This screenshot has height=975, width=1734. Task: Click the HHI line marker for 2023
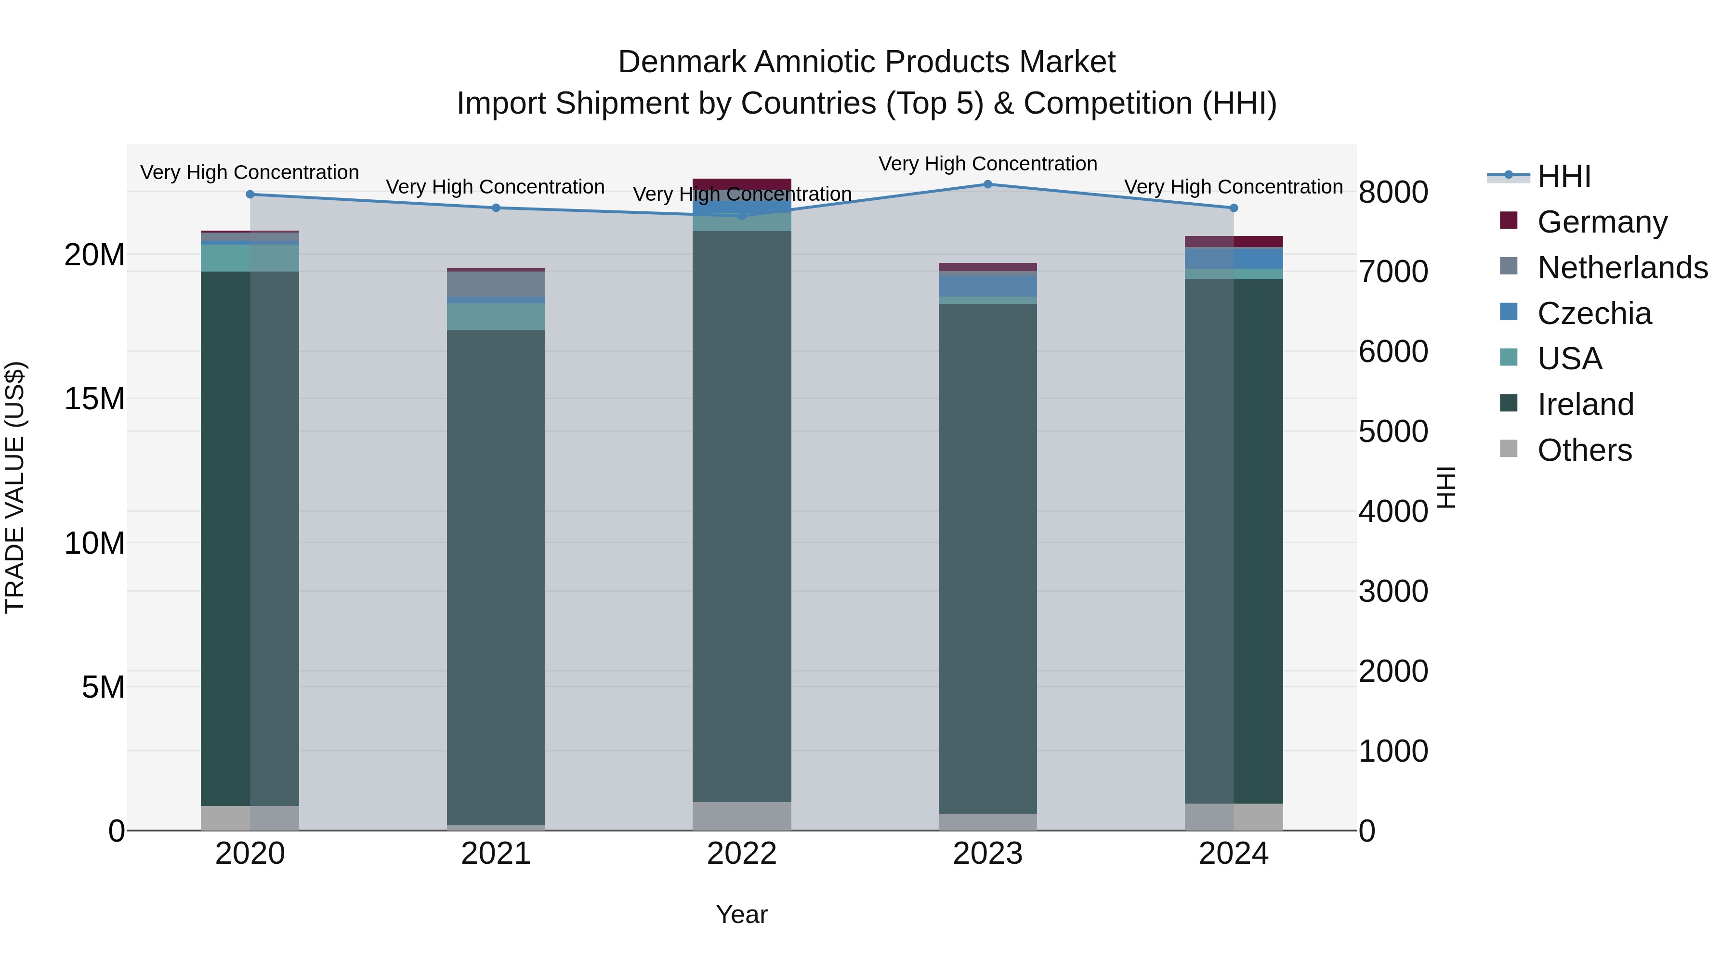(x=987, y=184)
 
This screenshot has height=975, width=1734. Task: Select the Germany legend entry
(x=1602, y=221)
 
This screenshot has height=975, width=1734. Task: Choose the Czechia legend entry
(x=1594, y=313)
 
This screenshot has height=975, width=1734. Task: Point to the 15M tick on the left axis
(x=94, y=398)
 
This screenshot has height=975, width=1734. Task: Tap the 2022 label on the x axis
(x=742, y=854)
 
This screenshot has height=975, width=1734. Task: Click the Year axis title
(x=742, y=914)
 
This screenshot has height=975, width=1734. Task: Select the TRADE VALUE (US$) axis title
(x=15, y=487)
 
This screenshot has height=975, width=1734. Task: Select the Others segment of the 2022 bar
(x=742, y=816)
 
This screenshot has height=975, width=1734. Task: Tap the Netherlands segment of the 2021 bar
(x=496, y=284)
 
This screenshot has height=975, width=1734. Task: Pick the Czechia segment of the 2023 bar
(x=987, y=286)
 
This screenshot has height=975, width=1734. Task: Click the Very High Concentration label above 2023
(x=987, y=164)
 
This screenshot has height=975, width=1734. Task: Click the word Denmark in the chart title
(x=681, y=62)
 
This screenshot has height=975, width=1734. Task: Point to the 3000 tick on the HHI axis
(x=1392, y=591)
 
